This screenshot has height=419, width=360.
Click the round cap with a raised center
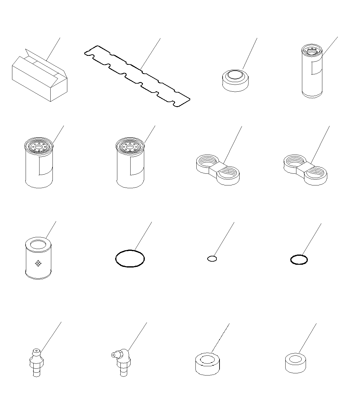tap(235, 81)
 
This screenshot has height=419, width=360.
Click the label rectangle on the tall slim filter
tap(316, 68)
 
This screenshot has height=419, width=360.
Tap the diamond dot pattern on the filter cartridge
tap(38, 263)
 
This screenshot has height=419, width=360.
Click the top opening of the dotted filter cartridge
tap(38, 244)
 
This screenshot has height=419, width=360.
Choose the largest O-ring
tap(130, 258)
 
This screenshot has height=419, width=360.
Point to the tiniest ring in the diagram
tap(212, 259)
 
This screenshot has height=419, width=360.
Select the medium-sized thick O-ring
tap(299, 259)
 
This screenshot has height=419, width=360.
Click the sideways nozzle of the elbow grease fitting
tap(114, 355)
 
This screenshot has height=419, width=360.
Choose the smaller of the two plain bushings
tap(295, 363)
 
